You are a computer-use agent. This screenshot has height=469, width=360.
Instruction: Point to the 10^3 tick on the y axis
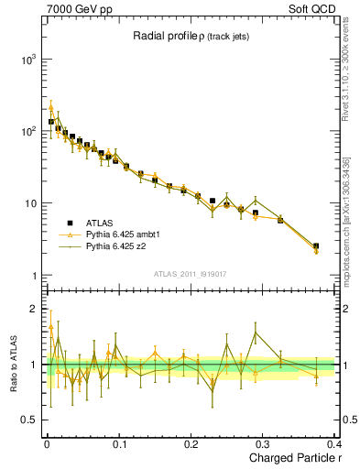click(28, 59)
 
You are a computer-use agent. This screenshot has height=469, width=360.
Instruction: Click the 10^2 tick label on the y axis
click(28, 131)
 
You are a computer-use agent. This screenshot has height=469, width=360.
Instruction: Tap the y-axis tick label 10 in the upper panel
click(31, 203)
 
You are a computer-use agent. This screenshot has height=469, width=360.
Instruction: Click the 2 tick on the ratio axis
click(35, 309)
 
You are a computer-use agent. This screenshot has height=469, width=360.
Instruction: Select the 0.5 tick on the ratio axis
click(30, 420)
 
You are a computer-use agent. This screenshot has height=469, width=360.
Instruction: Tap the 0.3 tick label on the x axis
click(264, 443)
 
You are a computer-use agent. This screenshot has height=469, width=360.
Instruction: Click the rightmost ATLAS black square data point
click(316, 245)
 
